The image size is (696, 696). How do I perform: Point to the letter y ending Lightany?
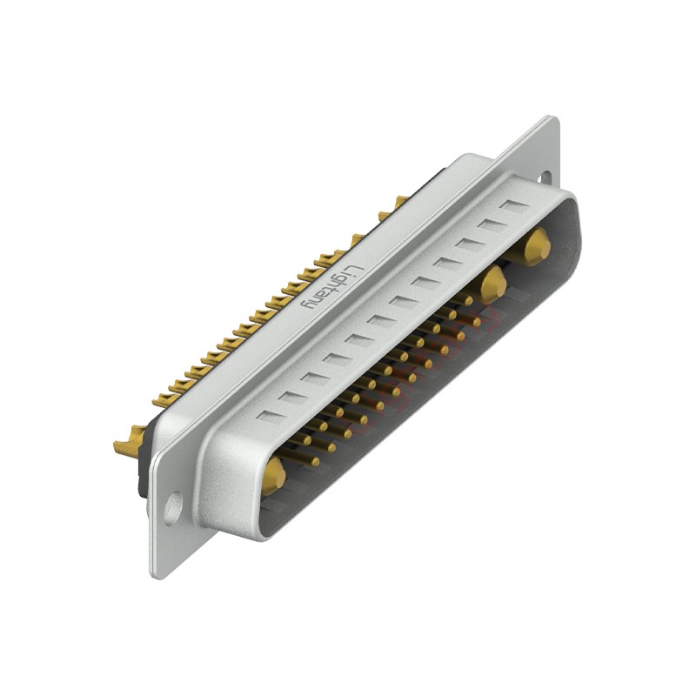point(307,306)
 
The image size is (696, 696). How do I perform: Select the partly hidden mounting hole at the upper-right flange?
point(545,177)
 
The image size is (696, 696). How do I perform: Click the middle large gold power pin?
point(492,282)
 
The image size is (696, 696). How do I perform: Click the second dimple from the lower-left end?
point(292,398)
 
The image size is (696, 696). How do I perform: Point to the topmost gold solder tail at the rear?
point(399,203)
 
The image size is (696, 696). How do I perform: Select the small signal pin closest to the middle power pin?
point(470,299)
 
